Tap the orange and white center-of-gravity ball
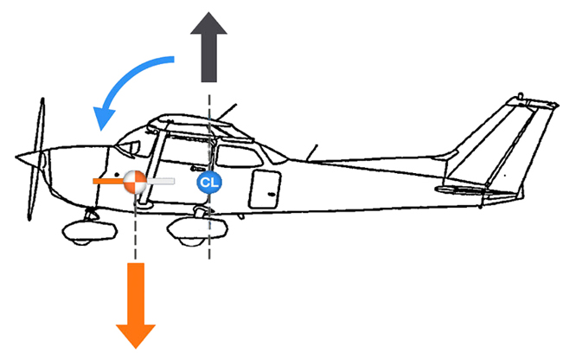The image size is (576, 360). click(x=135, y=182)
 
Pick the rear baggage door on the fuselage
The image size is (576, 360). click(x=265, y=187)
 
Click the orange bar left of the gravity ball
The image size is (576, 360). click(x=107, y=181)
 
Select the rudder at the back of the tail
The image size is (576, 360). click(x=538, y=147)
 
